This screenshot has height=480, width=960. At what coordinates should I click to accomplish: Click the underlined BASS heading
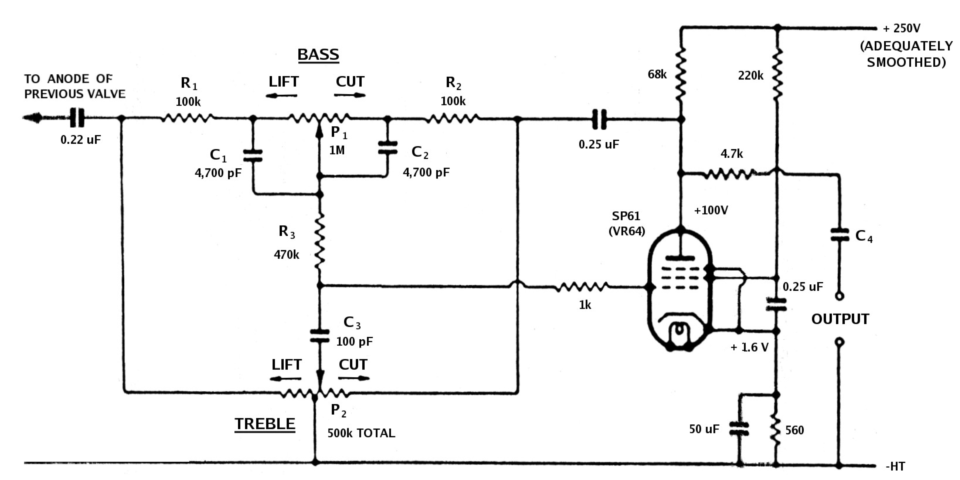(x=318, y=55)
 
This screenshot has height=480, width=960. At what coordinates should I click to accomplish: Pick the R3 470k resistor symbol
(x=319, y=240)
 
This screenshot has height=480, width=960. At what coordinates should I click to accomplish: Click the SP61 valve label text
(x=626, y=216)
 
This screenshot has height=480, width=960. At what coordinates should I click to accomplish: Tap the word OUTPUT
(x=840, y=319)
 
